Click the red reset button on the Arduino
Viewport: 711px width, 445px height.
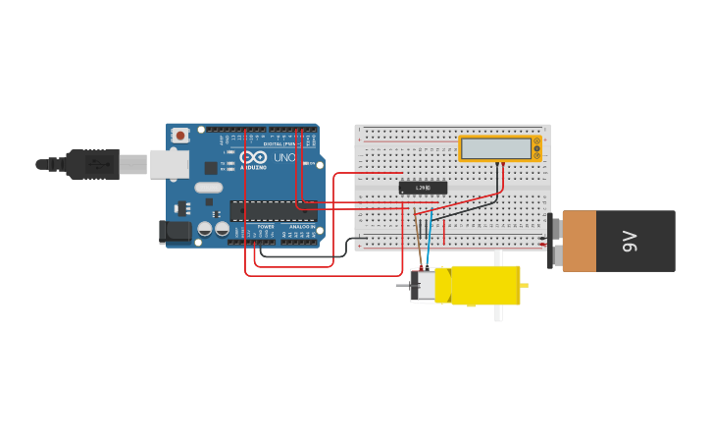pos(180,136)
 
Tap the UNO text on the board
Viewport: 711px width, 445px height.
pos(284,157)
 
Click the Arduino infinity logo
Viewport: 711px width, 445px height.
pos(253,157)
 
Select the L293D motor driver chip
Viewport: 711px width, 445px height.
pos(423,188)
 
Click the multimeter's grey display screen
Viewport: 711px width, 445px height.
pos(495,148)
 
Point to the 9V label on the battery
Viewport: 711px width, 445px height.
pos(631,241)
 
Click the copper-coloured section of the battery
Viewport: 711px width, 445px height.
pos(579,241)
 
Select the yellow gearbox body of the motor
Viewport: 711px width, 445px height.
pos(484,285)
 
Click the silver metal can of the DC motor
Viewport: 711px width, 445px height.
pos(424,286)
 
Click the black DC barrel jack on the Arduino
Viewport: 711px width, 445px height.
pos(176,232)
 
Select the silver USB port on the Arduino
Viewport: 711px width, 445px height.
pos(169,164)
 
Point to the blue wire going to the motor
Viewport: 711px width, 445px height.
pos(428,246)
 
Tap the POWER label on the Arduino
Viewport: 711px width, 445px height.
pos(266,227)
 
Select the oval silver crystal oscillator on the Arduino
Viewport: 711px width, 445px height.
pos(209,188)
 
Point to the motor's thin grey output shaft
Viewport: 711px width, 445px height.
pos(402,286)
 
